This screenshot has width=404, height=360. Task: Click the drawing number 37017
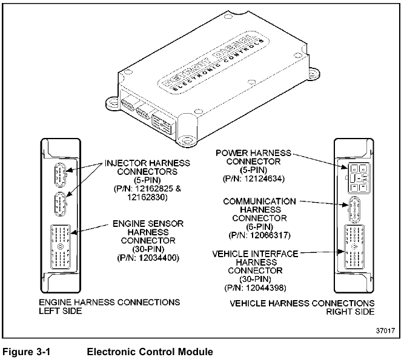click(385, 330)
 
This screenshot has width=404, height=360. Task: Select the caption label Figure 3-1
click(26, 352)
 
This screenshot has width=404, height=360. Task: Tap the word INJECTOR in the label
click(125, 163)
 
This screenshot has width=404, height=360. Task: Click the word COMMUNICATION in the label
click(259, 201)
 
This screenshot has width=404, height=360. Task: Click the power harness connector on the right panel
click(359, 178)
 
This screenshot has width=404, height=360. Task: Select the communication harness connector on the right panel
click(354, 209)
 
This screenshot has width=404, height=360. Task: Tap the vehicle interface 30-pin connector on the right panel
click(354, 247)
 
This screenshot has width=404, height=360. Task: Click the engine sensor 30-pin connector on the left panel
click(61, 246)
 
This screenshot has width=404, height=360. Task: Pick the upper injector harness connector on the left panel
click(61, 174)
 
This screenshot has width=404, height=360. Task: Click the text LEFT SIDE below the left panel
click(61, 311)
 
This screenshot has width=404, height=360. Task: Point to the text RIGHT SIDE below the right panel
click(350, 312)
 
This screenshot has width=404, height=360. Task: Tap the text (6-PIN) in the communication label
click(259, 227)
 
